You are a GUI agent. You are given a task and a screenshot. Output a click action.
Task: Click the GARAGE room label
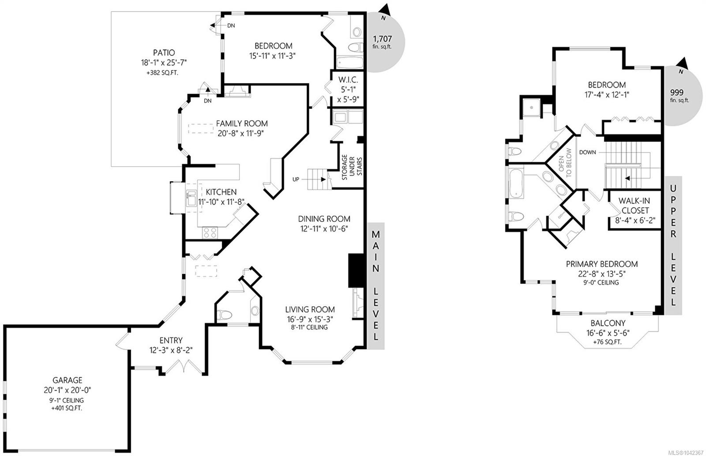[68, 380]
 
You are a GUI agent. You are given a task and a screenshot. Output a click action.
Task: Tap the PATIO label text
[164, 53]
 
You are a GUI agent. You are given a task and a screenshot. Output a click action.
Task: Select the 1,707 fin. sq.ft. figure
[382, 42]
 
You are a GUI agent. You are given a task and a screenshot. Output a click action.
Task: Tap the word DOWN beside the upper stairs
[587, 152]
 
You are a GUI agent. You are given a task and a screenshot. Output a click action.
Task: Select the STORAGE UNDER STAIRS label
[352, 167]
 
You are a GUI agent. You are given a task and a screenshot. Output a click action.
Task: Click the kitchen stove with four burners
[210, 233]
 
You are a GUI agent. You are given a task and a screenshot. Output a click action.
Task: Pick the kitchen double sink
[191, 198]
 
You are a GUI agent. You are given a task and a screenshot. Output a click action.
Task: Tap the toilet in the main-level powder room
[225, 315]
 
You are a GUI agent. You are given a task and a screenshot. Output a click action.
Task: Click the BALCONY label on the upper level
[608, 323]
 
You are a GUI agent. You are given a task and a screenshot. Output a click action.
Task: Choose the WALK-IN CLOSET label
[635, 205]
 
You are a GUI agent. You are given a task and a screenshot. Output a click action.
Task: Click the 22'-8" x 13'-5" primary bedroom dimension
[602, 274]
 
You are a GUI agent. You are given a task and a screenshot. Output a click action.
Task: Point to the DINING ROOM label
[324, 219]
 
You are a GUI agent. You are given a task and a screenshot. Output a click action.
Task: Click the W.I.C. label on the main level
[348, 80]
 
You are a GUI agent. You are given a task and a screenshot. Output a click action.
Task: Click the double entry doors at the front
[184, 366]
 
